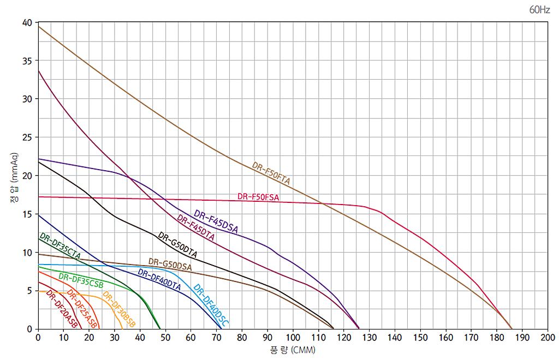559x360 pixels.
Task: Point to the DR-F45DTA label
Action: coord(195,229)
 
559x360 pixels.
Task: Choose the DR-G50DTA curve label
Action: coord(177,245)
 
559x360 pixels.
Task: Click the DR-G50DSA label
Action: coord(170,265)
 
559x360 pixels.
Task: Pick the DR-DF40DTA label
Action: coord(159,279)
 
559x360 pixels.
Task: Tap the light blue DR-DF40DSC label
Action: coord(211,305)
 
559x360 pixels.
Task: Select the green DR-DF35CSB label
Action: coord(81,279)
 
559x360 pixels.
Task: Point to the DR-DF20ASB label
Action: coord(62,309)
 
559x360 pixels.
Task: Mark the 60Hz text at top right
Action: coord(539,10)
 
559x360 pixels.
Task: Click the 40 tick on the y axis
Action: coord(27,22)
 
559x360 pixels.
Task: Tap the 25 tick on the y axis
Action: coord(27,137)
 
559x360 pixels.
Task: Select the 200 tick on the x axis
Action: coord(548,338)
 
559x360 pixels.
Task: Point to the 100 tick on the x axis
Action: coord(293,338)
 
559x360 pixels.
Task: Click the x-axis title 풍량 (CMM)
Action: coord(293,350)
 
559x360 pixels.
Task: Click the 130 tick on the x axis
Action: coord(370,338)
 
